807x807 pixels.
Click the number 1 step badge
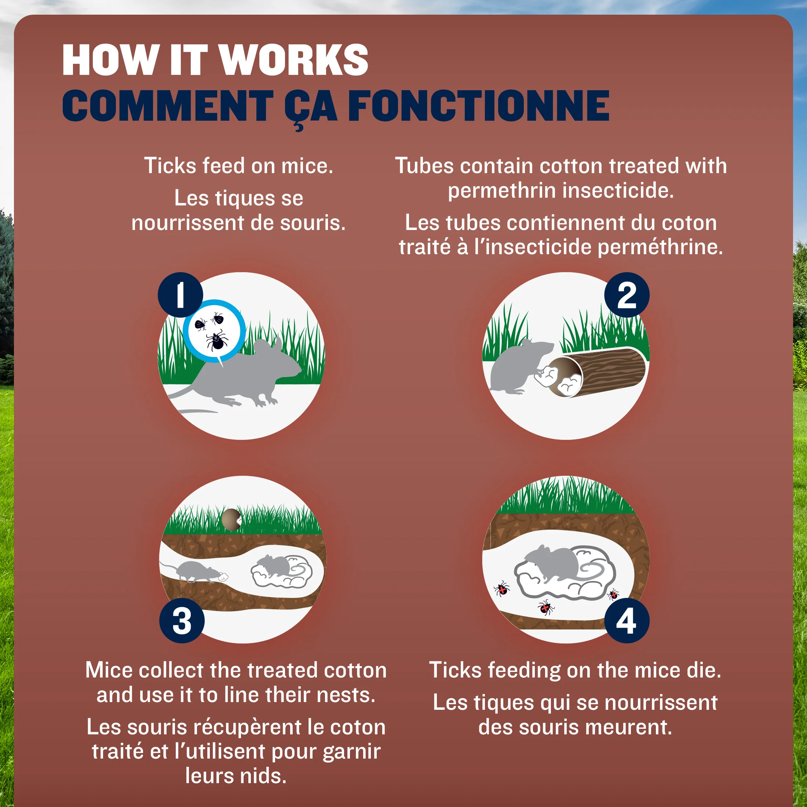point(180,295)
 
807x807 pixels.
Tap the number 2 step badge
point(627,295)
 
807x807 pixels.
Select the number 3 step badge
point(182,621)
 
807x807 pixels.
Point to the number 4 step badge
point(627,621)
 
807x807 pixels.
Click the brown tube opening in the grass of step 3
point(231,519)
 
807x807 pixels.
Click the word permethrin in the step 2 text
point(502,191)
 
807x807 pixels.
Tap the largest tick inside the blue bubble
point(217,340)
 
